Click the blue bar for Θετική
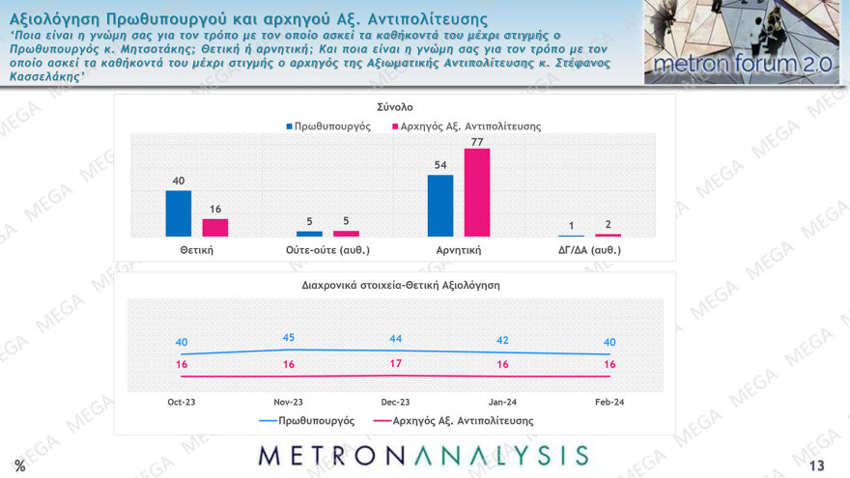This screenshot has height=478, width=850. tap(179, 213)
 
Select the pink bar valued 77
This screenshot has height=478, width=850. tap(477, 192)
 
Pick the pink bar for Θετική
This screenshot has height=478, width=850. tap(214, 227)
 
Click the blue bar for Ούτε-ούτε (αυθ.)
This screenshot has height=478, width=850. tap(309, 233)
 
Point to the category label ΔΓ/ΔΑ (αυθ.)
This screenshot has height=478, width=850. tap(589, 250)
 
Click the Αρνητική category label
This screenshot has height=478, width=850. tap(458, 250)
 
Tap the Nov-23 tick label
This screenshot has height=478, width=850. tap(290, 401)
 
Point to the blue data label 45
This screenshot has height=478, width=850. tap(290, 337)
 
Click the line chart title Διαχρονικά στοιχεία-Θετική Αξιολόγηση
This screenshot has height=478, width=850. tap(395, 285)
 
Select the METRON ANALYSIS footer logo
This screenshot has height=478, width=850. tap(423, 456)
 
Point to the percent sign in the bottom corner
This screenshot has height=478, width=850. tap(19, 466)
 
